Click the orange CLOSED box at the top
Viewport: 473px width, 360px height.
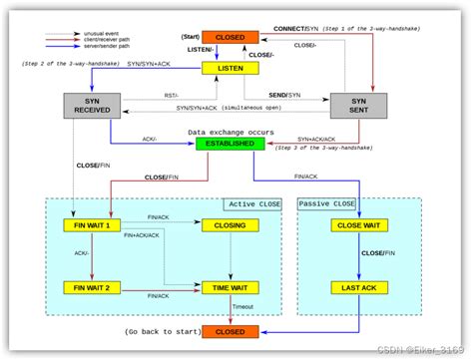[x=231, y=36]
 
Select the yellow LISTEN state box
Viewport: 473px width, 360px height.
[x=231, y=67]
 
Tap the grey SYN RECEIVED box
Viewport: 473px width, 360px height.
[x=91, y=107]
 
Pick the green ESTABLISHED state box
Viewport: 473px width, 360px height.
[x=232, y=144]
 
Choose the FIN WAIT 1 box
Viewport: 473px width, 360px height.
[x=91, y=225]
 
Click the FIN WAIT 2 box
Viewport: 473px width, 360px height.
[x=91, y=287]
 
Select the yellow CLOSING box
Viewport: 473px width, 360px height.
[x=231, y=225]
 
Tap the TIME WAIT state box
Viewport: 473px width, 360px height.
[x=231, y=287]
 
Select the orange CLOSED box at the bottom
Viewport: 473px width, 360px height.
[x=231, y=330]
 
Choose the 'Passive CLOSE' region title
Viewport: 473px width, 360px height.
[x=327, y=203]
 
